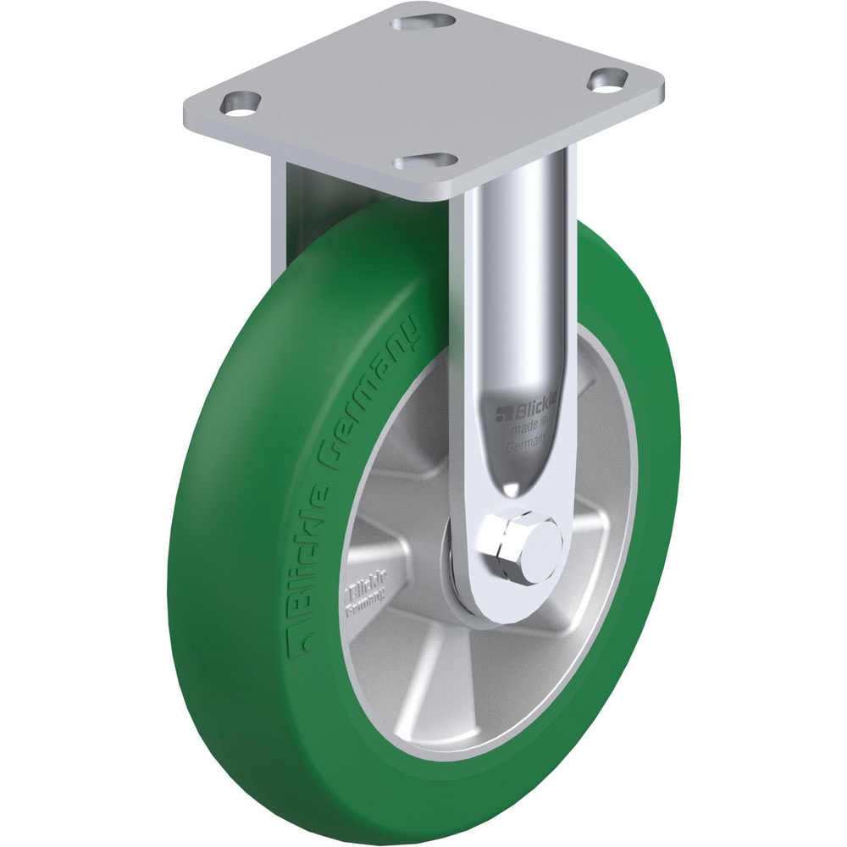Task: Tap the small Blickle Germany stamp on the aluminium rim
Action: click(x=362, y=592)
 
